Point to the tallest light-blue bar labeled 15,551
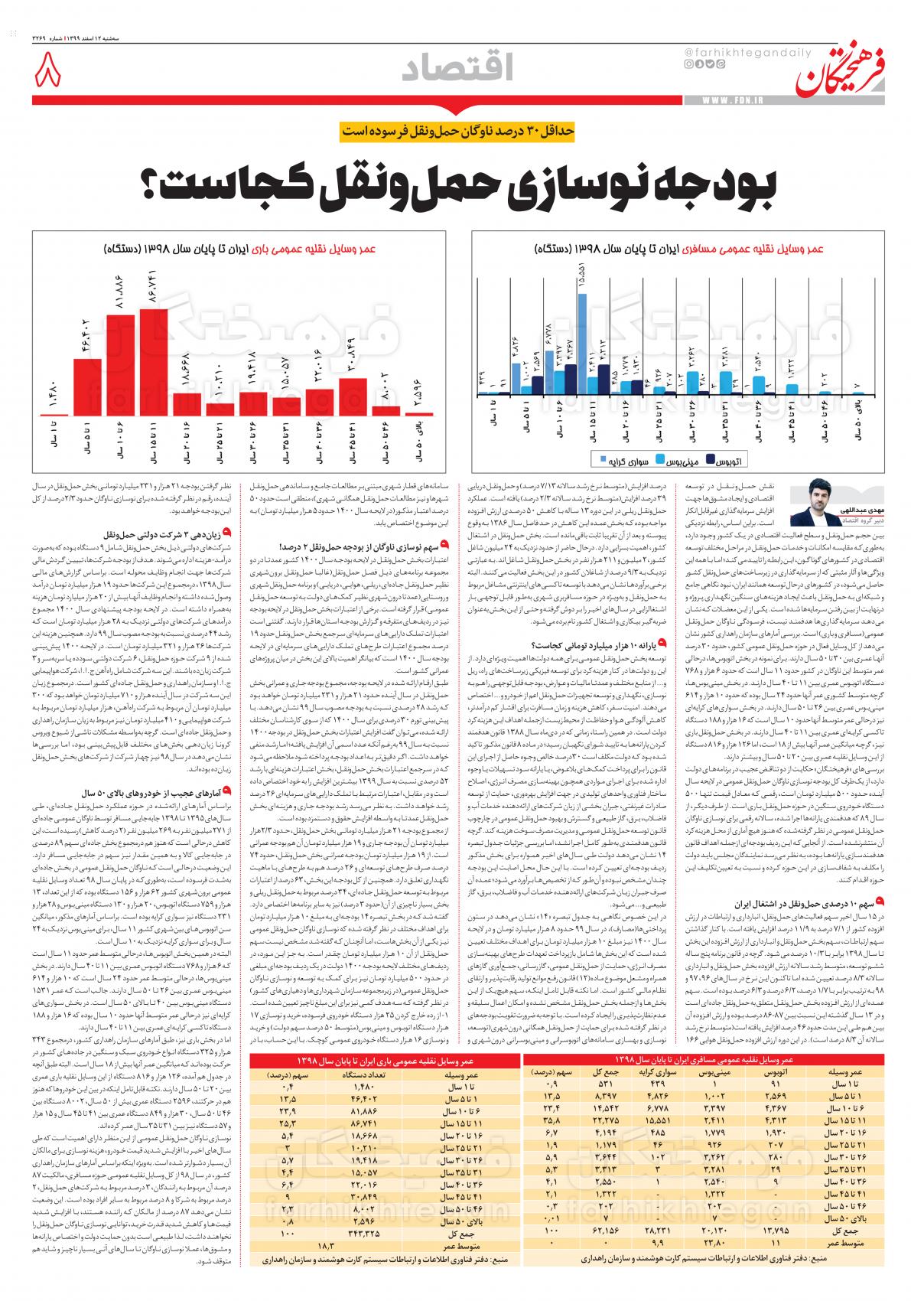point(582,344)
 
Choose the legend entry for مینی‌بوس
point(682,460)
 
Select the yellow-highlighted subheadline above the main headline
point(455,130)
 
